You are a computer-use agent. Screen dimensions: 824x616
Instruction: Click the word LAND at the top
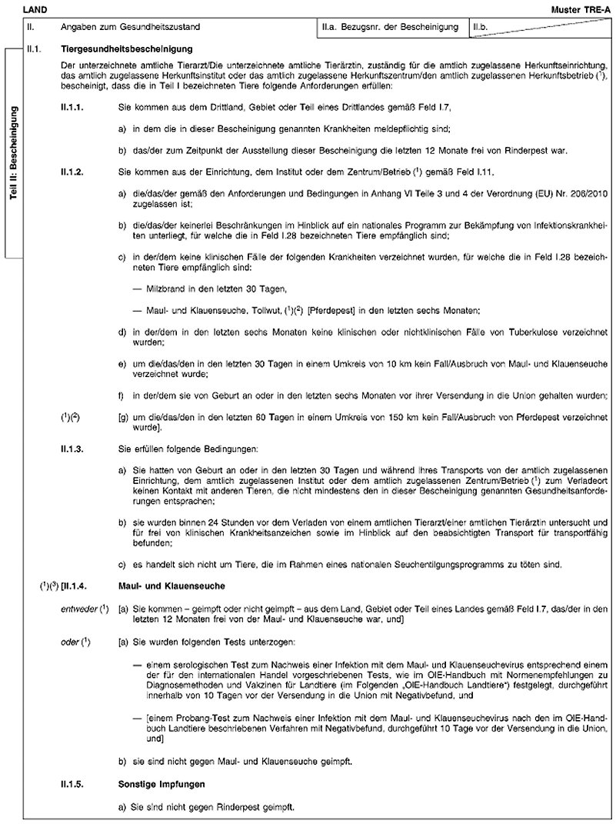coord(35,8)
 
